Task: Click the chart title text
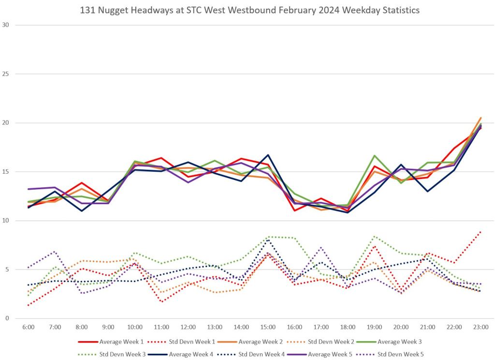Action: [247, 9]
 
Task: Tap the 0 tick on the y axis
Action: [7, 318]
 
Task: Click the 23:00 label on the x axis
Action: [480, 327]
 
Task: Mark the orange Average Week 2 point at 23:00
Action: [480, 118]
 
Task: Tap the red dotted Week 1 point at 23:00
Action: [480, 232]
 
